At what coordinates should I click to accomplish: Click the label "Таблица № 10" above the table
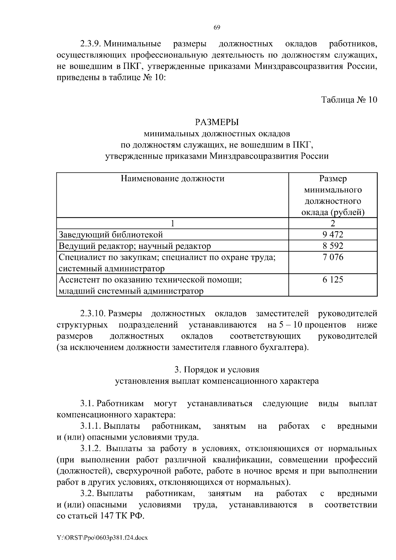pos(349,100)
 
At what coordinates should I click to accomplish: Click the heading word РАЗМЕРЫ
pos(217,122)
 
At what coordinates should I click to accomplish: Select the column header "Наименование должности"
pos(172,179)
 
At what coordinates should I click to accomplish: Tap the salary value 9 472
pos(333,234)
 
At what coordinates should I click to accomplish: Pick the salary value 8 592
pos(333,246)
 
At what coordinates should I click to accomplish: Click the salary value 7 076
pos(333,257)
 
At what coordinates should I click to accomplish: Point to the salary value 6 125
pos(333,280)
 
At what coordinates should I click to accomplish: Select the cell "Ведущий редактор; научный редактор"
pos(135,246)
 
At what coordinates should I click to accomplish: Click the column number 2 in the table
pos(333,223)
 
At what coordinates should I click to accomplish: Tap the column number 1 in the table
pos(172,223)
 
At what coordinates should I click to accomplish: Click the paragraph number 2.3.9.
pos(90,44)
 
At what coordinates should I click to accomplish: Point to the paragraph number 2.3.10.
pos(92,313)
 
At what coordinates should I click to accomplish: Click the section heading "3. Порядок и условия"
pos(217,369)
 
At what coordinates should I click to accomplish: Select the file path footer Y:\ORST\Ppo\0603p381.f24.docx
pos(102,538)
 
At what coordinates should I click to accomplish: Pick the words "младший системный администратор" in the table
pos(131,291)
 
